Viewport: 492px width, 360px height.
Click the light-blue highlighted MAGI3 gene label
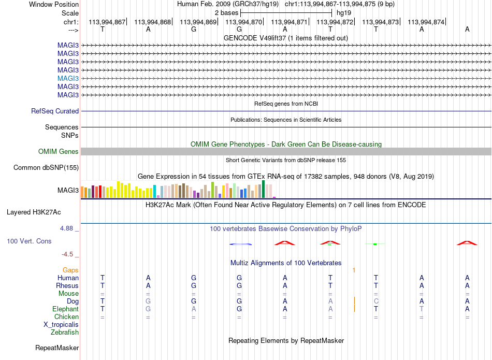[68, 78]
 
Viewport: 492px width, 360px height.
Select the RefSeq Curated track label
[55, 111]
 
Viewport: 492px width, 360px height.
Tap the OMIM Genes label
[59, 152]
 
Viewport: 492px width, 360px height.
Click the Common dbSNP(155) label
[46, 168]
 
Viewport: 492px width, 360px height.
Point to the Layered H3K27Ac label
[34, 212]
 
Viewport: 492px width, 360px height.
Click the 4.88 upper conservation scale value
[66, 228]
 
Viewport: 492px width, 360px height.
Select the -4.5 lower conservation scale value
[67, 254]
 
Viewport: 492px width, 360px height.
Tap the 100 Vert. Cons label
[29, 241]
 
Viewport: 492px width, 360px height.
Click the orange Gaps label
[70, 270]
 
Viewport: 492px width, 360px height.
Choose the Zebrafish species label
[65, 333]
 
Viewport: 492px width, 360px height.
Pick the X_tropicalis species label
[61, 325]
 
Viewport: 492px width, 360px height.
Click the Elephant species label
[66, 309]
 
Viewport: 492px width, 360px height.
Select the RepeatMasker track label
[57, 348]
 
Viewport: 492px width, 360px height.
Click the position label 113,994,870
[243, 22]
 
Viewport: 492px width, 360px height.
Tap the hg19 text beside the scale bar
[344, 13]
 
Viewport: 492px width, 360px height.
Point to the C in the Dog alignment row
[376, 301]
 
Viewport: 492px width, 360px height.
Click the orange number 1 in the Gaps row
[354, 270]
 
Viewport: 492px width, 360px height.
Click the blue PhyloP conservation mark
[240, 244]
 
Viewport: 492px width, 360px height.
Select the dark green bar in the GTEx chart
[263, 189]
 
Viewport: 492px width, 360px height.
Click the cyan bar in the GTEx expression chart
[155, 192]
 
